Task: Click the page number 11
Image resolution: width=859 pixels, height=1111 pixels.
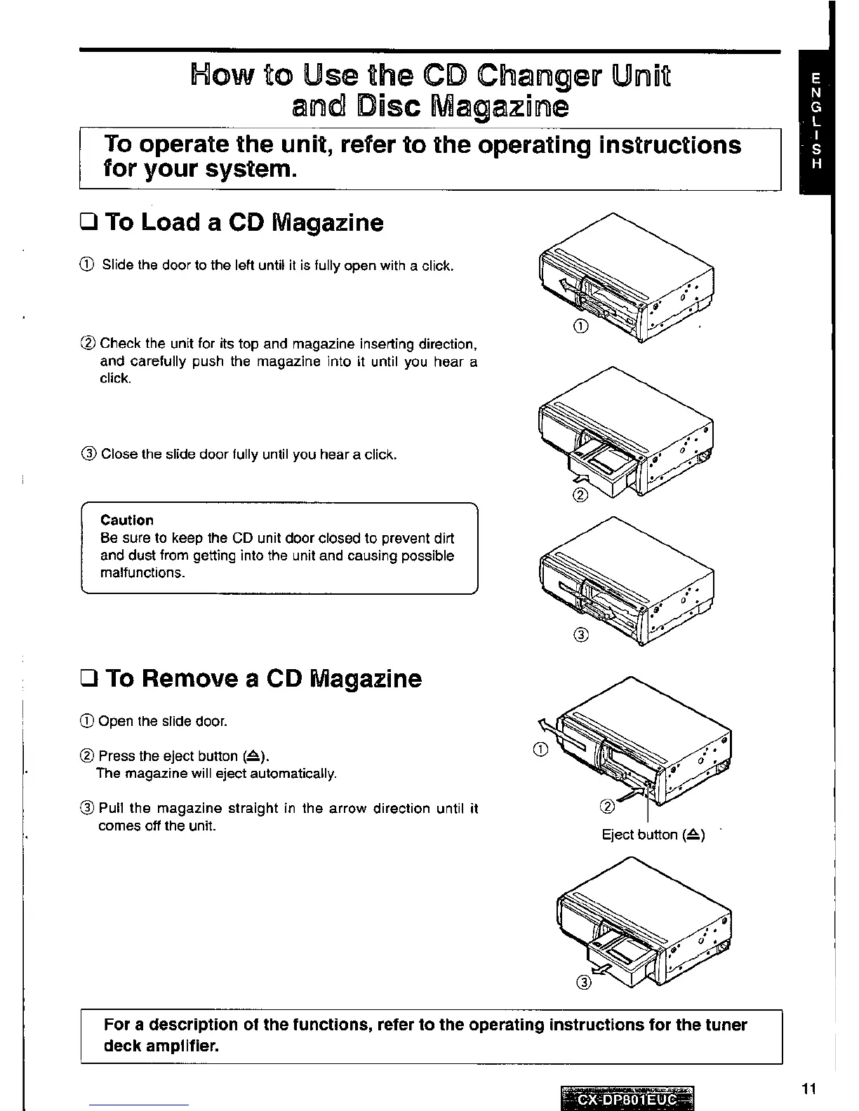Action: pos(808,1089)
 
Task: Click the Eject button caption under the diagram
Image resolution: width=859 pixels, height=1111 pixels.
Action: pos(653,835)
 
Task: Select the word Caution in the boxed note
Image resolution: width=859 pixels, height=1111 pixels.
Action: pos(127,520)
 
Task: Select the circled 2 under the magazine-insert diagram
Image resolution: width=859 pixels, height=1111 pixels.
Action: pos(580,496)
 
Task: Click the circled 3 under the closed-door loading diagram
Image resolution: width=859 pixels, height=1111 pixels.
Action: pos(580,635)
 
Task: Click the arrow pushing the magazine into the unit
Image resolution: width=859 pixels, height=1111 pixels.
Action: pos(580,479)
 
